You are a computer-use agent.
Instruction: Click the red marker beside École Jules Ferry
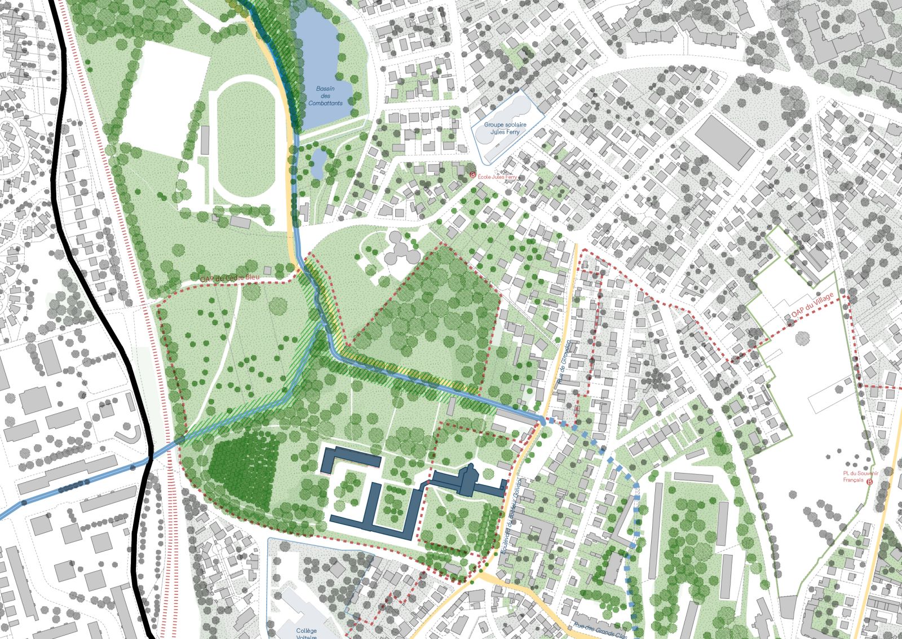click(x=473, y=176)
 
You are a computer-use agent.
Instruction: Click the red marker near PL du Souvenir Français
click(x=869, y=482)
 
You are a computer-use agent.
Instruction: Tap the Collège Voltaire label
click(x=306, y=634)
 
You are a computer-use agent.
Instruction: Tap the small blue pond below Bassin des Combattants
click(x=318, y=160)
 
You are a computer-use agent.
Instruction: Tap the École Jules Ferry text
click(x=497, y=177)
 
